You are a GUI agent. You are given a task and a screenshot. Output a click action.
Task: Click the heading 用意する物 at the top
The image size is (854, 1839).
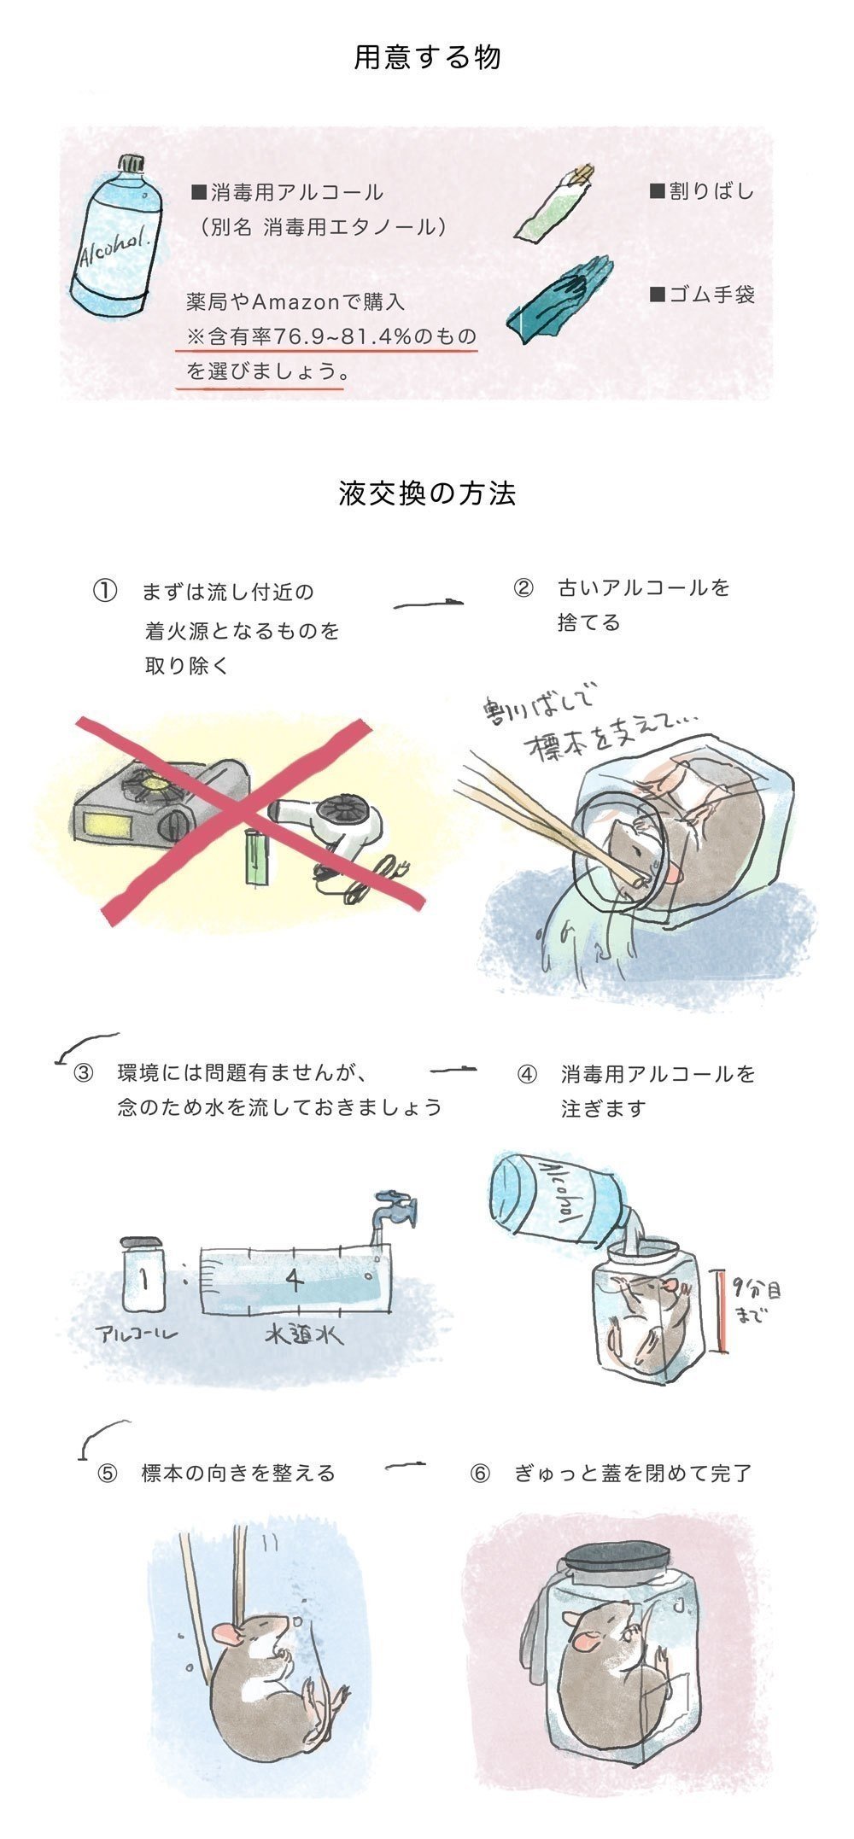(427, 57)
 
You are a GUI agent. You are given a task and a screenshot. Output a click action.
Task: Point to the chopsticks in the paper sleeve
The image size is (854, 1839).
(556, 202)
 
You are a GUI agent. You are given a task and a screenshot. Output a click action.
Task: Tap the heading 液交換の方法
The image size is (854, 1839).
(427, 493)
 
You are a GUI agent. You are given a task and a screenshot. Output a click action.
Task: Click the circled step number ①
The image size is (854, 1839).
(104, 591)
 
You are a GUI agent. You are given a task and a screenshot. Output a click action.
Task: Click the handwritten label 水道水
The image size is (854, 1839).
(304, 1334)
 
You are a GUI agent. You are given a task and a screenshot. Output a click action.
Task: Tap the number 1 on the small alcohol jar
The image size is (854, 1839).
(144, 1279)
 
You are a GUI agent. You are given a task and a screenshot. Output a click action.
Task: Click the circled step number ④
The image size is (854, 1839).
(527, 1073)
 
